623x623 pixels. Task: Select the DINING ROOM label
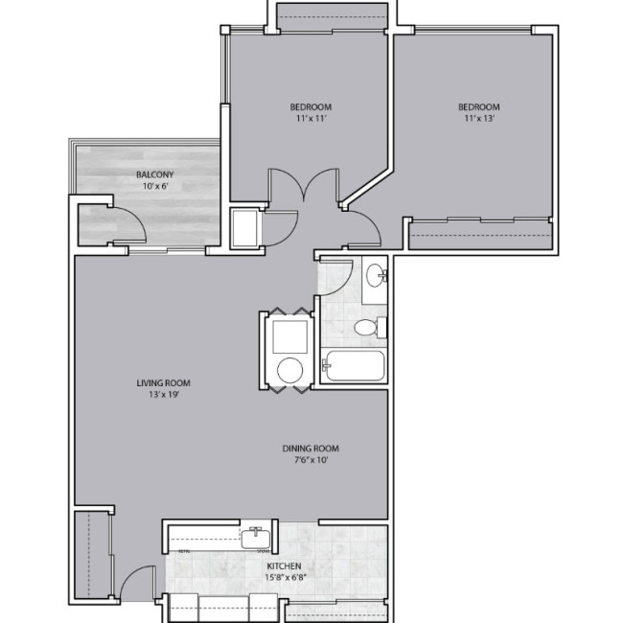(311, 448)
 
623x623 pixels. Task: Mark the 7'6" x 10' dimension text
(311, 459)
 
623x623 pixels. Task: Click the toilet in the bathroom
(366, 329)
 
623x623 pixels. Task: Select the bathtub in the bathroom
(354, 366)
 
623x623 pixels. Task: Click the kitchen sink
(256, 539)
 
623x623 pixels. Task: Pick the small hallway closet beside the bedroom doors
(245, 228)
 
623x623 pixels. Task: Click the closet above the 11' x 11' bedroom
(331, 15)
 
